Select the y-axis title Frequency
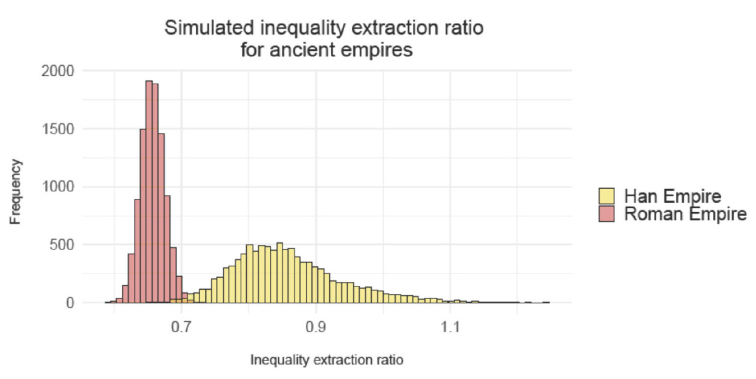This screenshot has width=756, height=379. [17, 192]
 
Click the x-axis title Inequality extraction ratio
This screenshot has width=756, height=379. [326, 360]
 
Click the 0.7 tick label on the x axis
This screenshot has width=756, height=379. [181, 327]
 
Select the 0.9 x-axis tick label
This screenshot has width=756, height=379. [316, 327]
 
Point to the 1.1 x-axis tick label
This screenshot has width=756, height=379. [450, 327]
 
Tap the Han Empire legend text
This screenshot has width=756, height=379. [672, 197]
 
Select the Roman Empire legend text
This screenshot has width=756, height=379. [685, 214]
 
